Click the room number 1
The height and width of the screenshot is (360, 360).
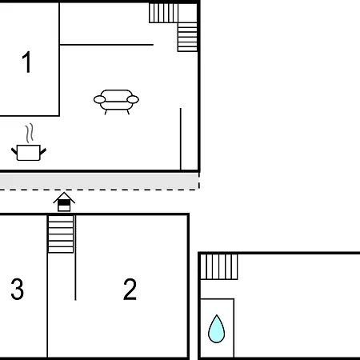tap(27, 62)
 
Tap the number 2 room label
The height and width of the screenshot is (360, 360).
tap(130, 290)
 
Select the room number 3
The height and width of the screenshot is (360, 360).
tap(18, 290)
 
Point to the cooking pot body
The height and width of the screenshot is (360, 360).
tap(29, 153)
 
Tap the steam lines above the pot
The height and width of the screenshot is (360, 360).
tap(30, 133)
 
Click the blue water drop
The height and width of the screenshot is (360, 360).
tap(216, 330)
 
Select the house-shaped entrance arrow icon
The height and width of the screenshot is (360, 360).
tap(64, 202)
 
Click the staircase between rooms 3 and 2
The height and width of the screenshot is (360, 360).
tap(61, 234)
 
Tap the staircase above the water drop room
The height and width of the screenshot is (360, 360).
tap(219, 266)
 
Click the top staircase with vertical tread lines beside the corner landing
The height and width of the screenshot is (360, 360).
tap(163, 13)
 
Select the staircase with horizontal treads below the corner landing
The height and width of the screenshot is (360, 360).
tap(187, 37)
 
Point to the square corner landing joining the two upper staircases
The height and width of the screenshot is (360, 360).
tap(188, 13)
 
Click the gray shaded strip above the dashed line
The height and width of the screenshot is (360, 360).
tap(99, 181)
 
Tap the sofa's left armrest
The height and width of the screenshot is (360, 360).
tap(99, 100)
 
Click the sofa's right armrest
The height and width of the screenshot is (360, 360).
tap(133, 100)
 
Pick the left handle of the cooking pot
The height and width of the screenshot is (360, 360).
tap(14, 151)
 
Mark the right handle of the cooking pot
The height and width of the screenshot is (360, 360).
tap(43, 151)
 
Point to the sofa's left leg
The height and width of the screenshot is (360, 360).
tap(106, 112)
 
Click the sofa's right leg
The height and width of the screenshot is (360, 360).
tap(128, 112)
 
